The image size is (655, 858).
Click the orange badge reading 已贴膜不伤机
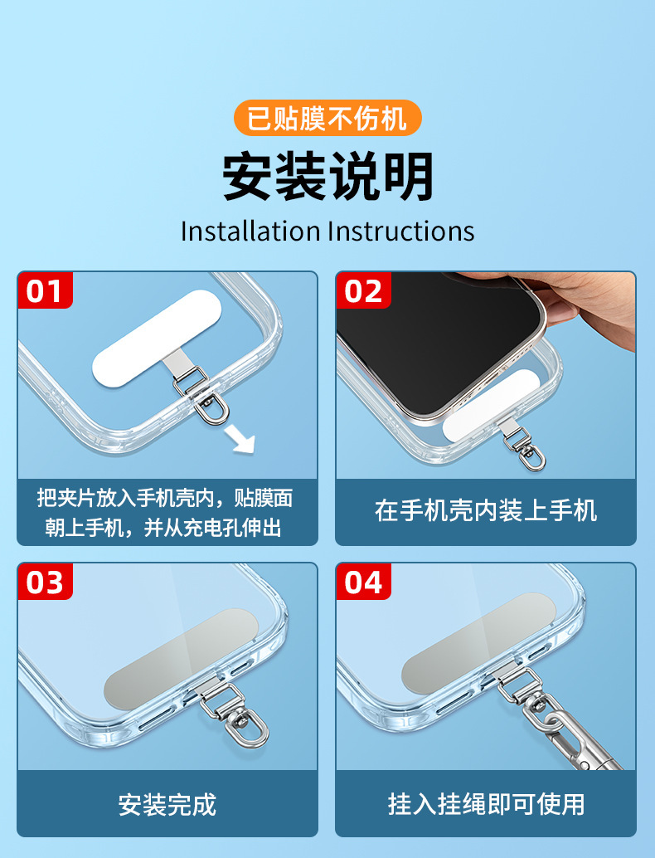click(327, 118)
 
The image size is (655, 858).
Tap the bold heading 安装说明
click(327, 176)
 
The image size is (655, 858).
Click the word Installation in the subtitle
click(250, 231)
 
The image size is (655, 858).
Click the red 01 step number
click(44, 290)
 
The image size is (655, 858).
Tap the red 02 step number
click(363, 290)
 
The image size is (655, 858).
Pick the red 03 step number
click(44, 582)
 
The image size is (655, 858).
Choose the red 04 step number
click(363, 582)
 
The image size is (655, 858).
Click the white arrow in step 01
click(241, 440)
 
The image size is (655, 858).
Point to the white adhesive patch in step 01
click(157, 339)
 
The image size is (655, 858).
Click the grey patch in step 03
click(181, 658)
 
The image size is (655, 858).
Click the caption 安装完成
click(167, 804)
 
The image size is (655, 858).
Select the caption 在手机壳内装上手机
click(486, 511)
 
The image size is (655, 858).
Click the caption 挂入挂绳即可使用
click(486, 804)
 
